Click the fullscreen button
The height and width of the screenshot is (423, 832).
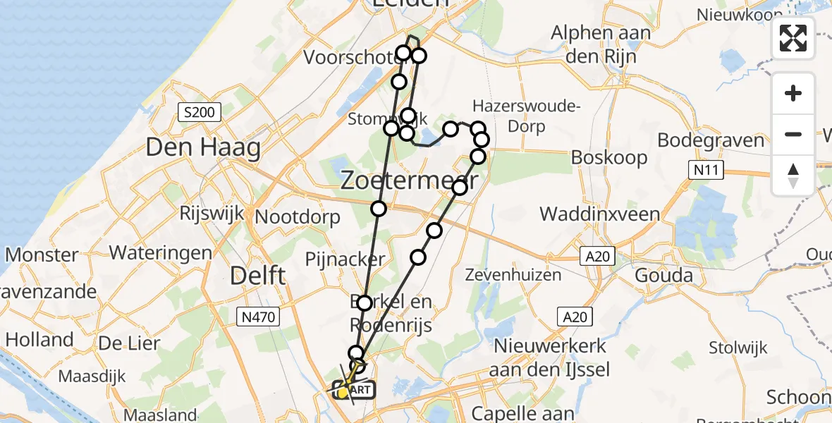(793, 38)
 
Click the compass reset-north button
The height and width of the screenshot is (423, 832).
(793, 176)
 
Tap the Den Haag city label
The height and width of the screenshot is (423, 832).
(203, 148)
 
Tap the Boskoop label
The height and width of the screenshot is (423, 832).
(609, 157)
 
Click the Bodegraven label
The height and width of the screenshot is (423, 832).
(711, 140)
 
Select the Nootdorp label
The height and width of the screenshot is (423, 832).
(298, 217)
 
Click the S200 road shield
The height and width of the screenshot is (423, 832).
(200, 111)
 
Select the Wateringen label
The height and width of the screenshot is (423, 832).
(161, 252)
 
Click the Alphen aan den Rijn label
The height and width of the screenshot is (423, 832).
(594, 44)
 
